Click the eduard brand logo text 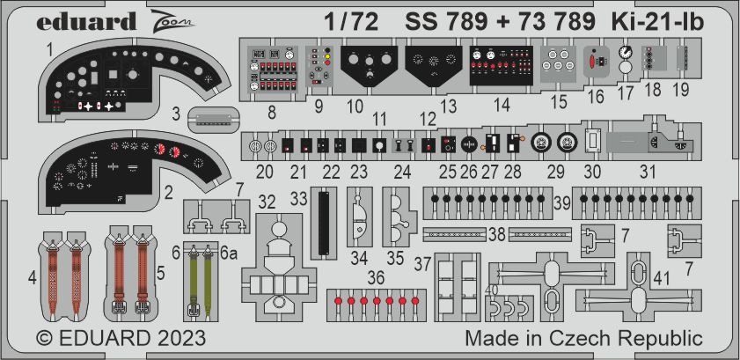pyautogui.click(x=86, y=21)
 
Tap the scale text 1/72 pyautogui.click(x=351, y=21)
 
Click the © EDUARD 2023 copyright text pyautogui.click(x=121, y=338)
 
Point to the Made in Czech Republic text pyautogui.click(x=583, y=338)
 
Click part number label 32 pyautogui.click(x=267, y=202)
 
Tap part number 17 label pyautogui.click(x=626, y=92)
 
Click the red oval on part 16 pyautogui.click(x=594, y=62)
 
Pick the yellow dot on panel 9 pyautogui.click(x=327, y=55)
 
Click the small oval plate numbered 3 pyautogui.click(x=213, y=120)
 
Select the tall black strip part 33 pyautogui.click(x=324, y=223)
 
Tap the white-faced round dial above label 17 pyautogui.click(x=626, y=52)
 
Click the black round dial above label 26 pyautogui.click(x=469, y=143)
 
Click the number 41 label pyautogui.click(x=663, y=279)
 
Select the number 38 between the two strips pyautogui.click(x=497, y=234)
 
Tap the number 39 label pyautogui.click(x=562, y=203)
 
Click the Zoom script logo pyautogui.click(x=173, y=21)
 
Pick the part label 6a pyautogui.click(x=228, y=253)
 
